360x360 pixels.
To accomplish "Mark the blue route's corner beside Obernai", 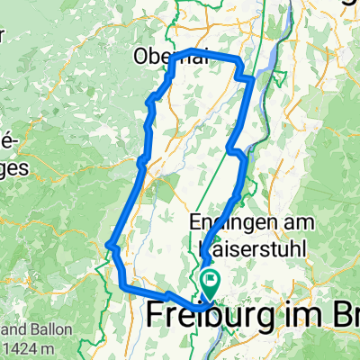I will (192, 50).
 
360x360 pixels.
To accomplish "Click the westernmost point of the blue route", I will (108, 244).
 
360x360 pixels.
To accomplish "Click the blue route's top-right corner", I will (238, 58).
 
